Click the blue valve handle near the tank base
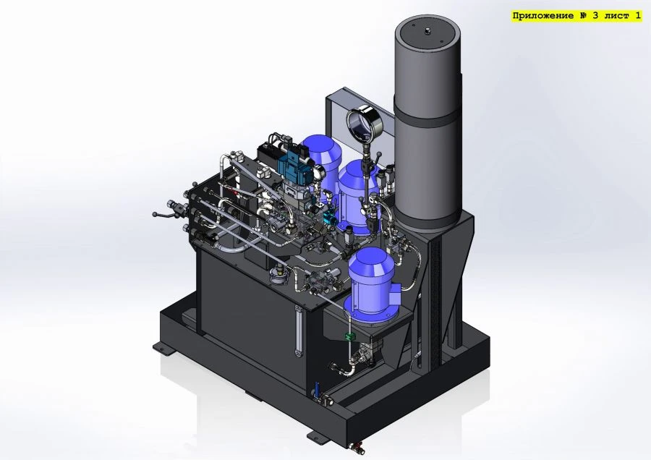click(316, 388)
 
